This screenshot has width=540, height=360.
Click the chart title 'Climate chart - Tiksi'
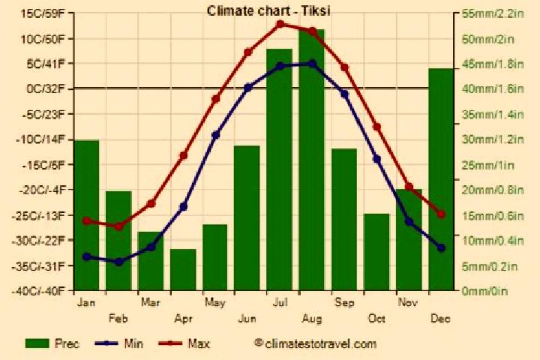pyautogui.click(x=268, y=11)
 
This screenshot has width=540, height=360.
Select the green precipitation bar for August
pyautogui.click(x=312, y=160)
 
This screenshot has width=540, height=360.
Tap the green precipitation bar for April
pyautogui.click(x=183, y=270)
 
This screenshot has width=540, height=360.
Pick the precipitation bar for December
pyautogui.click(x=441, y=179)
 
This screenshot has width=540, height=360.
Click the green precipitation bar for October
pyautogui.click(x=376, y=252)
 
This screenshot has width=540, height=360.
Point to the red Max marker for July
pyautogui.click(x=280, y=24)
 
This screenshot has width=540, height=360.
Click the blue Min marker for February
pyautogui.click(x=118, y=262)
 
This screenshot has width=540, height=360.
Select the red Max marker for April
pyautogui.click(x=183, y=156)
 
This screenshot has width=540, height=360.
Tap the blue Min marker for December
pyautogui.click(x=441, y=247)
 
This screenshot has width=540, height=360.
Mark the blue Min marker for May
pyautogui.click(x=215, y=135)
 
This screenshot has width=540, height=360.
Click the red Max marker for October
pyautogui.click(x=376, y=127)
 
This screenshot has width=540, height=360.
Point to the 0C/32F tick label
pyautogui.click(x=46, y=89)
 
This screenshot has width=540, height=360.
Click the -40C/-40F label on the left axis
pyautogui.click(x=38, y=291)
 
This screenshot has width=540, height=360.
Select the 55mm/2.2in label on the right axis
pyautogui.click(x=493, y=13)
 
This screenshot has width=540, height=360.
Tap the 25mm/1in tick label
pyautogui.click(x=487, y=165)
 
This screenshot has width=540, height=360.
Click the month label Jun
pyautogui.click(x=247, y=319)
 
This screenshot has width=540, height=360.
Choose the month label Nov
pyautogui.click(x=408, y=303)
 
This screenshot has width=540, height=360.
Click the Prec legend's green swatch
pyautogui.click(x=37, y=343)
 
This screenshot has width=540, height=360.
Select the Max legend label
pyautogui.click(x=199, y=343)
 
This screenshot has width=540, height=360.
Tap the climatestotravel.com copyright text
pyautogui.click(x=315, y=343)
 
